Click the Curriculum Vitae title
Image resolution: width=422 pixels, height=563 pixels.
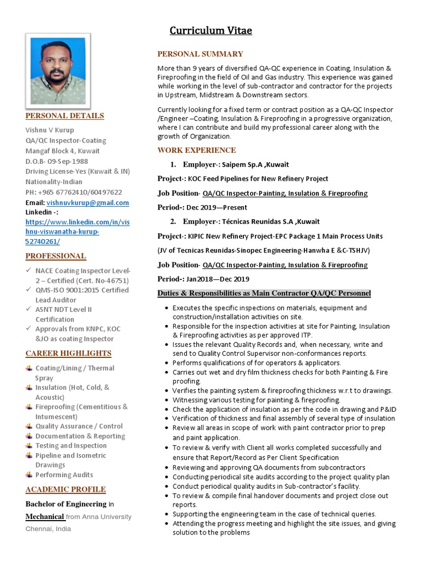[210, 31]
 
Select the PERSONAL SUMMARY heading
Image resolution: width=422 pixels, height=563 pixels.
[200, 54]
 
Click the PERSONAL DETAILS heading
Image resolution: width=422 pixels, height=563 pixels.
[65, 115]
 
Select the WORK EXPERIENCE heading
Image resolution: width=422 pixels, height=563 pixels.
[197, 150]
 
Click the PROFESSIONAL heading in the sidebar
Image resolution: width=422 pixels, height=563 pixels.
[56, 256]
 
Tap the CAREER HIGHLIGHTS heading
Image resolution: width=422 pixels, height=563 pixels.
[69, 353]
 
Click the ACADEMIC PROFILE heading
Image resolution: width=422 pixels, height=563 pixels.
[66, 489]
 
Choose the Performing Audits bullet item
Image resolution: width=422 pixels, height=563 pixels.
[64, 474]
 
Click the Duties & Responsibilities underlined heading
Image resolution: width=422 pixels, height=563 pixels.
[264, 293]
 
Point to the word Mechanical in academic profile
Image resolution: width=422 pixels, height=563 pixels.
[45, 517]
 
